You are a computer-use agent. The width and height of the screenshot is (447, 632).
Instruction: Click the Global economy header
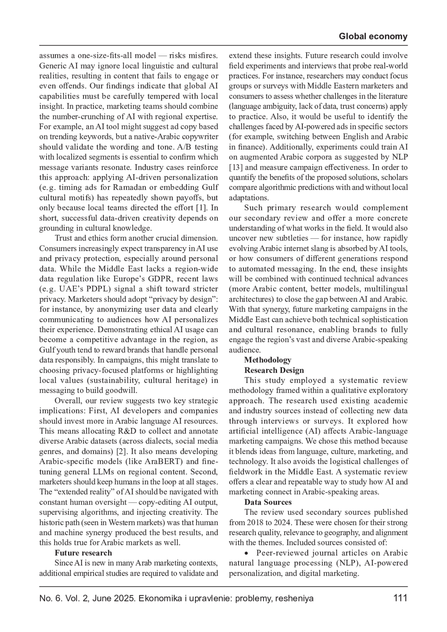pos(373,36)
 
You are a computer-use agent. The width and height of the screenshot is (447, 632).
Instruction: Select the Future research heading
pos(83,553)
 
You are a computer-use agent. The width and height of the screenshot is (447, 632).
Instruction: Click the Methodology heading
pos(267,360)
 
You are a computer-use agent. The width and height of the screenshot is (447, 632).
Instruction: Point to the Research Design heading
pos(274,370)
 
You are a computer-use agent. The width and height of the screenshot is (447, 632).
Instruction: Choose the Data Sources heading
pos(267,502)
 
